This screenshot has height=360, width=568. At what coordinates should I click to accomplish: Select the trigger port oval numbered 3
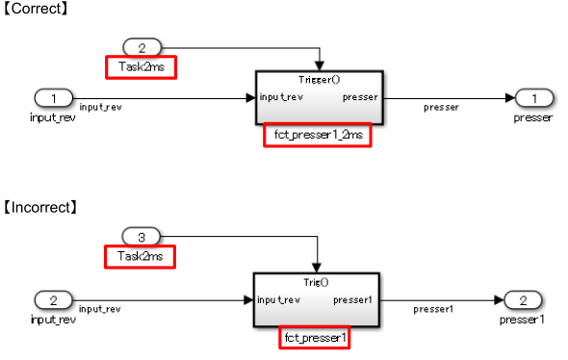click(x=142, y=235)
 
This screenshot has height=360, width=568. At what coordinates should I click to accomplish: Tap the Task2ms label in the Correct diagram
click(x=141, y=66)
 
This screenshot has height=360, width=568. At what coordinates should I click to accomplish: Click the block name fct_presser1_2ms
click(x=316, y=136)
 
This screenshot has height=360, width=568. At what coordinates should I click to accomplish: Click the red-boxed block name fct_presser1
click(x=316, y=338)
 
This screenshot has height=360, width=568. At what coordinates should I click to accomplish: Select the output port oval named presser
click(x=532, y=97)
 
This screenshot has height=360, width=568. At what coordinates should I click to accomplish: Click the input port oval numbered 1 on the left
click(x=53, y=97)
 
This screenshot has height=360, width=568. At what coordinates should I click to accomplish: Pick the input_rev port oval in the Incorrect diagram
click(x=53, y=299)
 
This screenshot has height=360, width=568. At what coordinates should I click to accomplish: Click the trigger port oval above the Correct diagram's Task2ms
click(x=142, y=46)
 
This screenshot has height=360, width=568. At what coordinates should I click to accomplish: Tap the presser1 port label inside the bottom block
click(x=352, y=299)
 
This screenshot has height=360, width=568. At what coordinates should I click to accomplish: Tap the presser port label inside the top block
click(x=359, y=97)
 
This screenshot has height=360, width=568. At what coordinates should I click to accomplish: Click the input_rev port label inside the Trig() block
click(x=280, y=299)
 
